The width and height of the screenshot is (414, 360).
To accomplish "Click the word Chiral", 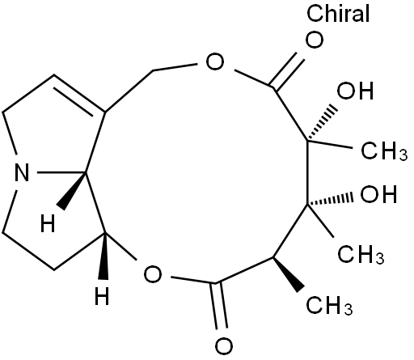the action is (x=338, y=13).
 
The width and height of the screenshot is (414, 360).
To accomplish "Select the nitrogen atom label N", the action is (x=22, y=172).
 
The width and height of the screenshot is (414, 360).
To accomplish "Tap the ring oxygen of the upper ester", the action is (x=215, y=61).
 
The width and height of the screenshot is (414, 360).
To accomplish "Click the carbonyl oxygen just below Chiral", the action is (x=314, y=40).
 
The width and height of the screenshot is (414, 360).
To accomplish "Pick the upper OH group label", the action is (x=355, y=91).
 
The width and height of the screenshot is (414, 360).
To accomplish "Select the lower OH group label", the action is (x=378, y=194).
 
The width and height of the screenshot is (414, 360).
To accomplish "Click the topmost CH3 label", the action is (x=384, y=151).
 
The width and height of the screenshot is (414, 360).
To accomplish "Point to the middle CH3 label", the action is (x=361, y=255).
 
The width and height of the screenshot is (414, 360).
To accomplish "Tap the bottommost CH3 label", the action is (x=329, y=306).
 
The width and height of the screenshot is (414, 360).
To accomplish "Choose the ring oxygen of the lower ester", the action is (x=153, y=274).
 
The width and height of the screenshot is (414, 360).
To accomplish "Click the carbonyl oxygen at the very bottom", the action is (x=224, y=346).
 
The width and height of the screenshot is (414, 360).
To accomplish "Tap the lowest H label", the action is (x=102, y=296).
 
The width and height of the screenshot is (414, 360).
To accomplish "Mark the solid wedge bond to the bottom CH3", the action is (x=289, y=274).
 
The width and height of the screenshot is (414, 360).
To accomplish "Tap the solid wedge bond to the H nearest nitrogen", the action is (x=72, y=191).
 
